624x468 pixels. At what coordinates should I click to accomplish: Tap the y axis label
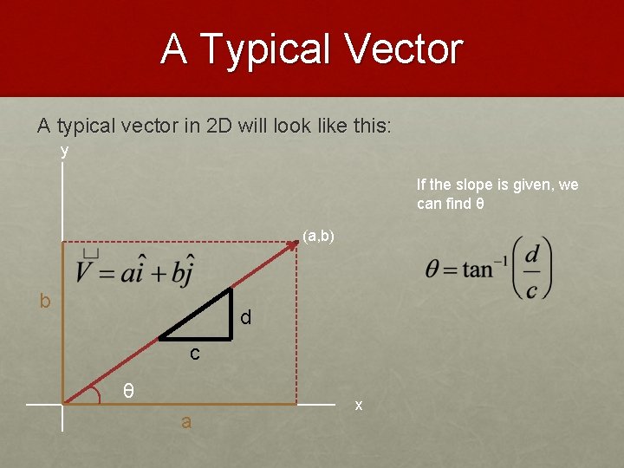click(x=64, y=151)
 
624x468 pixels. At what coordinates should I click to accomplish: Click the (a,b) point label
click(x=319, y=236)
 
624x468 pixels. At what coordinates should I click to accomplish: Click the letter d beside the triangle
click(x=246, y=318)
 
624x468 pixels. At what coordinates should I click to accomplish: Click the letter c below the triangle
click(x=195, y=353)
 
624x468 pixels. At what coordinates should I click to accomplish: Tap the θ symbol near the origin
click(x=127, y=391)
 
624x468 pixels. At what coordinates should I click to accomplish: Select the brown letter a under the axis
click(x=185, y=422)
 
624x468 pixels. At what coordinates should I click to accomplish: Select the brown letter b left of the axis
click(x=44, y=301)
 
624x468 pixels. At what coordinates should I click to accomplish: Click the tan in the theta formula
click(x=478, y=269)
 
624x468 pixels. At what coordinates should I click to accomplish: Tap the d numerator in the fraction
click(x=531, y=254)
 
